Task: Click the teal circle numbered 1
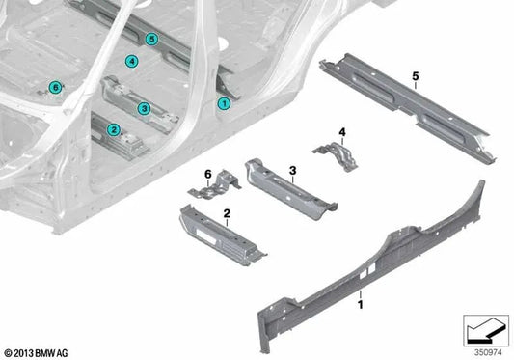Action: (224, 102)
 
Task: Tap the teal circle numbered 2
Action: (113, 129)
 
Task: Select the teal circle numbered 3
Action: (143, 108)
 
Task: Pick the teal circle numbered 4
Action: (131, 63)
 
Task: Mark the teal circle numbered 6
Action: (55, 87)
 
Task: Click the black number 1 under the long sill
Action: (361, 306)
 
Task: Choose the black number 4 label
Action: (341, 130)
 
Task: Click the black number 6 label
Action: (205, 173)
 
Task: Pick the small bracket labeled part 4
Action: (335, 152)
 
